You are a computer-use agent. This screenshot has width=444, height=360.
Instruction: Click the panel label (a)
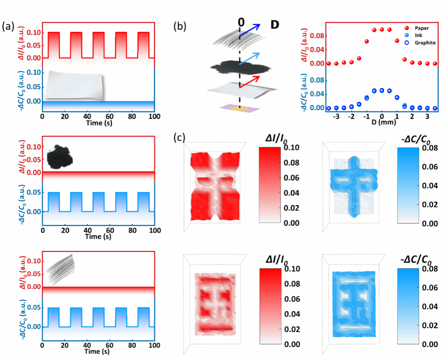[8, 27]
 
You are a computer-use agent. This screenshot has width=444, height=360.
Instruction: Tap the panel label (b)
[180, 27]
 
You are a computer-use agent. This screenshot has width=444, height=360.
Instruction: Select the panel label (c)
[180, 138]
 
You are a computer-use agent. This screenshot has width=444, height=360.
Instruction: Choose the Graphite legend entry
[424, 43]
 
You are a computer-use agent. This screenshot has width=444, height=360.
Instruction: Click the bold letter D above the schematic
[275, 24]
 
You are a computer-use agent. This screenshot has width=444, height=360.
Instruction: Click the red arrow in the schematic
[248, 82]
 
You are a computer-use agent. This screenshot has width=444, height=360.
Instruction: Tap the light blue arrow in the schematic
[248, 58]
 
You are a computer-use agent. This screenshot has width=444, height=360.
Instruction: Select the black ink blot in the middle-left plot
[59, 156]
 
